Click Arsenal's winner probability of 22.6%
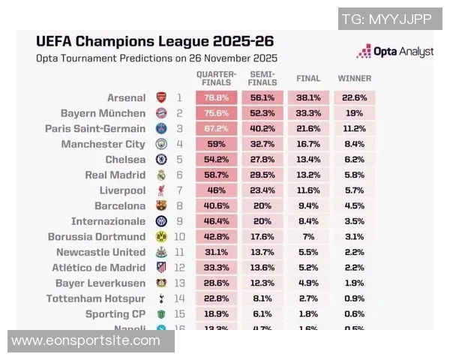[x=355, y=97]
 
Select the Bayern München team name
[x=103, y=113]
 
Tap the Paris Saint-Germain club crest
[x=160, y=128]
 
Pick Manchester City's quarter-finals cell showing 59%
[x=216, y=144]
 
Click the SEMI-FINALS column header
[x=262, y=78]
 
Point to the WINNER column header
[x=355, y=78]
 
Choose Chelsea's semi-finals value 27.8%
[x=262, y=160]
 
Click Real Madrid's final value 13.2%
[x=308, y=175]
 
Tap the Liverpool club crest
[x=160, y=190]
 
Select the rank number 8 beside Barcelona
[x=179, y=205]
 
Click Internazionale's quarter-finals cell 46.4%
[x=216, y=221]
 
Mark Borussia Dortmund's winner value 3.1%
[x=355, y=237]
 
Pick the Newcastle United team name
[x=100, y=252]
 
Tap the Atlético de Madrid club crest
[x=160, y=268]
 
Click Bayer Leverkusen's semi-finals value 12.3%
[x=262, y=283]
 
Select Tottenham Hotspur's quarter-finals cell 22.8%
[x=216, y=298]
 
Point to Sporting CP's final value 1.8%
[x=308, y=314]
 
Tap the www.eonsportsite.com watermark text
[x=86, y=341]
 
